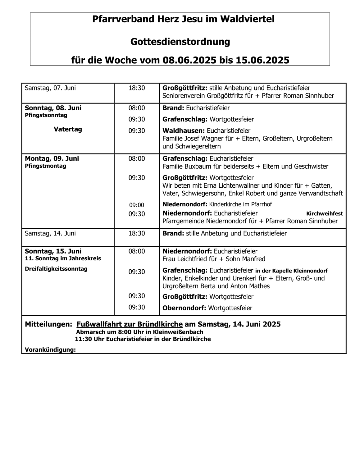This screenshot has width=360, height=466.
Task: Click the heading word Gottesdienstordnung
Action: [x=180, y=41]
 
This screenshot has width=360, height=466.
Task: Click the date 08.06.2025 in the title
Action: [x=189, y=60]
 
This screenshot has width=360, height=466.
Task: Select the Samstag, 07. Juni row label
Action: [x=50, y=88]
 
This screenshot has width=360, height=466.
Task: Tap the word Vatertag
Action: [x=68, y=129]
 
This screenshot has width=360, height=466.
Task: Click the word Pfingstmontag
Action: [x=45, y=166]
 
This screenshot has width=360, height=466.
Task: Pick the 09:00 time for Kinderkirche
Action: [x=137, y=205]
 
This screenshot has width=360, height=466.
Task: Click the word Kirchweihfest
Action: [x=324, y=213]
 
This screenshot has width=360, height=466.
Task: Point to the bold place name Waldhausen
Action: [x=184, y=130]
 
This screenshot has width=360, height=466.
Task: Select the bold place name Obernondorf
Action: [x=184, y=308]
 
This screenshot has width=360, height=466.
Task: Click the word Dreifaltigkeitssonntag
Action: [x=56, y=269]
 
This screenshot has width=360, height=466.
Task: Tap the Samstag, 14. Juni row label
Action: [x=50, y=233]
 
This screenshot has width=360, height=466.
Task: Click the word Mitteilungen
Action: [x=48, y=324]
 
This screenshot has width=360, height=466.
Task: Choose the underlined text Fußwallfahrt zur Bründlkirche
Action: [x=130, y=324]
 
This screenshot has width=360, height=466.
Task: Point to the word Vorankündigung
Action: [x=50, y=349]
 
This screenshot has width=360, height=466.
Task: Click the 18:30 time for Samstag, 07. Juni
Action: [x=137, y=88]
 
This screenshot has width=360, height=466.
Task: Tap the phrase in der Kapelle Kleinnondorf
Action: [x=291, y=271]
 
